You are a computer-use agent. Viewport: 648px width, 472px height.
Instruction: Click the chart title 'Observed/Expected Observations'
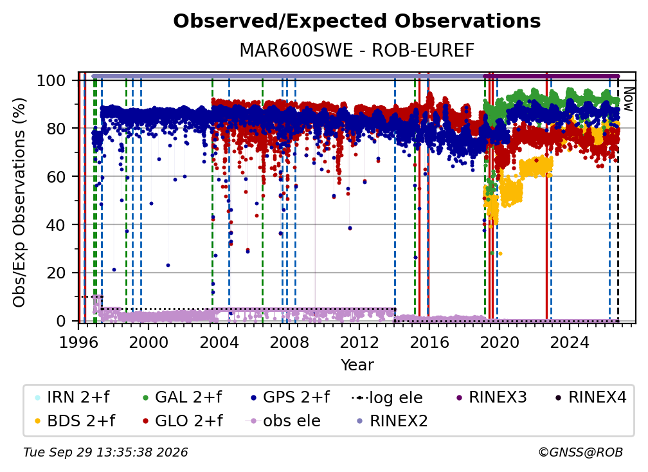(357, 21)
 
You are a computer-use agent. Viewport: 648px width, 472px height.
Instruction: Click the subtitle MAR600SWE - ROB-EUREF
(357, 51)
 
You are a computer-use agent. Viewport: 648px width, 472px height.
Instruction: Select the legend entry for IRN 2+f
(73, 397)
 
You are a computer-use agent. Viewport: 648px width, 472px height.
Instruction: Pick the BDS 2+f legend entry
(75, 421)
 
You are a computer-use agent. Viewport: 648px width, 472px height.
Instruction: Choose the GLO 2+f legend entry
(183, 421)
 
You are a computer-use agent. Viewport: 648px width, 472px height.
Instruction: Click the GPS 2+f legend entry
(290, 397)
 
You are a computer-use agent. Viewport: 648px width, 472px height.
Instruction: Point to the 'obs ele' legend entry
(283, 421)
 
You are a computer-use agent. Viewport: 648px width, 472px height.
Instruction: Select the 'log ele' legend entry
(387, 397)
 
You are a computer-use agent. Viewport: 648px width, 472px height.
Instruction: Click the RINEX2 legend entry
(392, 421)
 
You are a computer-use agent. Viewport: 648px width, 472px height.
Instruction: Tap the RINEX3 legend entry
(491, 397)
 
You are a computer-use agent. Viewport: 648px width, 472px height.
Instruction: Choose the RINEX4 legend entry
(591, 397)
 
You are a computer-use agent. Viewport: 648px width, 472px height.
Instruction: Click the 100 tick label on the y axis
(51, 80)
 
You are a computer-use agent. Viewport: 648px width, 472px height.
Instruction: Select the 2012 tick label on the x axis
(359, 343)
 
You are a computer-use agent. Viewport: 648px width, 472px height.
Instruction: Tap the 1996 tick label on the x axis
(78, 343)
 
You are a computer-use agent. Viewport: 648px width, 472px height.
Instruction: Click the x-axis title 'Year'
(357, 365)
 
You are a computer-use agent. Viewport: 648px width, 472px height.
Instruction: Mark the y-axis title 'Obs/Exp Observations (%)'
(19, 203)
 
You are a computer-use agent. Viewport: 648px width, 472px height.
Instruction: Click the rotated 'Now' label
(628, 99)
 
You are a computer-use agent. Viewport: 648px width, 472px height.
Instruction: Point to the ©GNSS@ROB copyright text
(580, 453)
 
